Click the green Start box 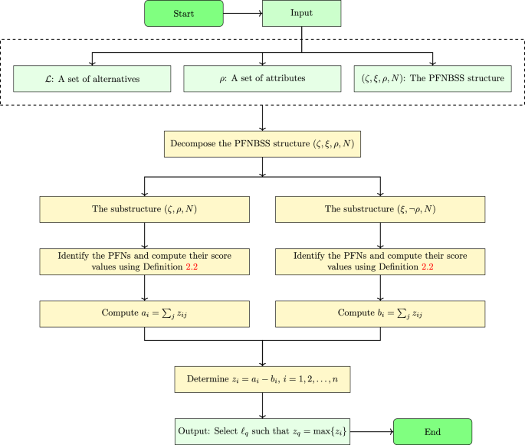click(x=182, y=13)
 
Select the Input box click(x=300, y=13)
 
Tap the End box click(x=432, y=430)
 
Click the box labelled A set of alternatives click(x=92, y=78)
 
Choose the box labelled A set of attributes click(x=263, y=78)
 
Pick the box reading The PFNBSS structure click(x=434, y=78)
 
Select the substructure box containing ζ click(x=146, y=208)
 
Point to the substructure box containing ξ click(x=380, y=208)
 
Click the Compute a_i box click(x=146, y=312)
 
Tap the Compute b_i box click(x=380, y=312)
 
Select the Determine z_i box click(x=263, y=379)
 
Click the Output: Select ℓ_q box click(x=263, y=430)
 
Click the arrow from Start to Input click(x=243, y=13)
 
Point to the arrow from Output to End click(x=372, y=430)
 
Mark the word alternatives click(x=107, y=78)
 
